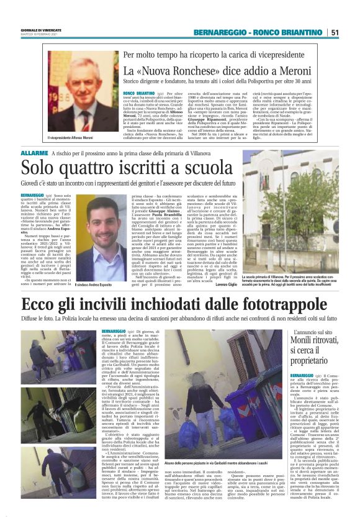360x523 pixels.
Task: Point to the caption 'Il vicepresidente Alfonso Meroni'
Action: coord(73,137)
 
